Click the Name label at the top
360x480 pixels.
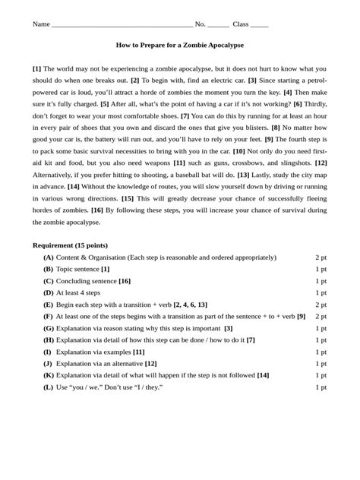tap(41, 24)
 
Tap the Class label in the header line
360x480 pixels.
tap(241, 24)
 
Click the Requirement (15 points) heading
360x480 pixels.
tap(70, 245)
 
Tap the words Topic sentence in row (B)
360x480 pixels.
tap(77, 269)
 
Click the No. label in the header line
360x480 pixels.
tap(200, 24)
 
